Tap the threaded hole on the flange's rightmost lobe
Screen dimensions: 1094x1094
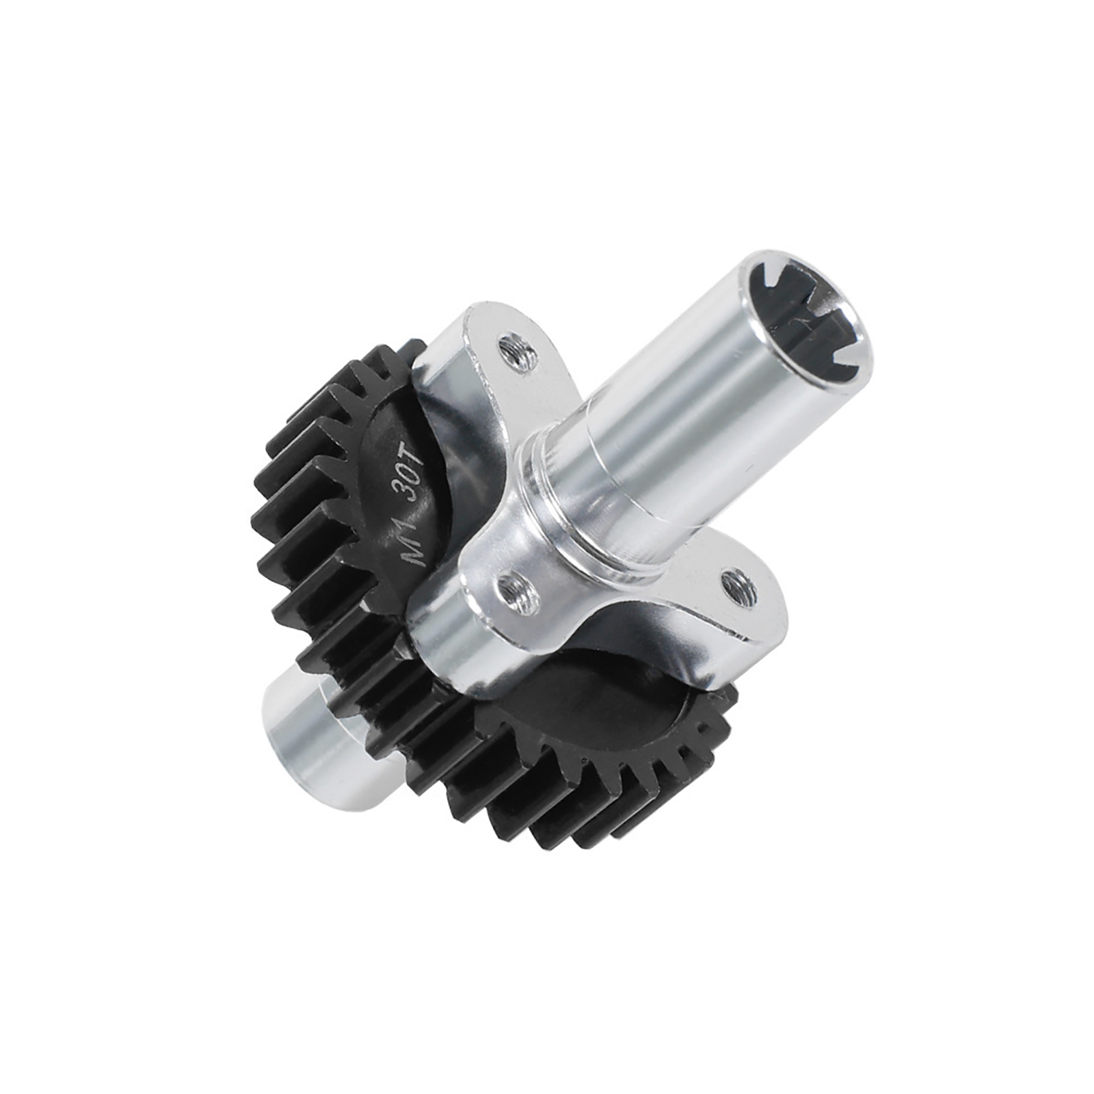point(738,586)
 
